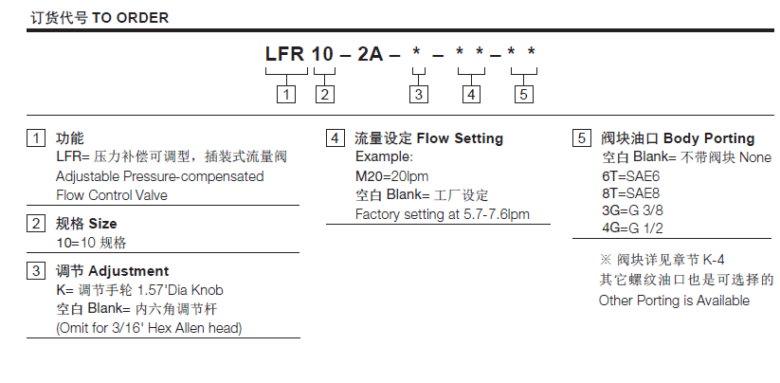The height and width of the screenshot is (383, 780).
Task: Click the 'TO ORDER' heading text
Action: (x=134, y=16)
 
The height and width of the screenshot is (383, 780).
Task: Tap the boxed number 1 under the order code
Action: (x=285, y=94)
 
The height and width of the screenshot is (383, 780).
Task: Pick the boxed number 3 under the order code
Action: (x=417, y=94)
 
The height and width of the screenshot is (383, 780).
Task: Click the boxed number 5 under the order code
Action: (x=523, y=94)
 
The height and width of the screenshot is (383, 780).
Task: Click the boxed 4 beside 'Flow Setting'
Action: (x=334, y=138)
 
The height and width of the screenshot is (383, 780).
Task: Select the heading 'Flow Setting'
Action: (x=460, y=138)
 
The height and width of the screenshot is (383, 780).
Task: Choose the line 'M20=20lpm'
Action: (x=391, y=176)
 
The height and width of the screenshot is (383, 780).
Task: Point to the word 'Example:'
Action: (x=384, y=157)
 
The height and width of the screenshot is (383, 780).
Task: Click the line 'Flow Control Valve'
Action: (x=112, y=195)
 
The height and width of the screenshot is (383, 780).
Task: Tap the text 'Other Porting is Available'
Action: (x=674, y=301)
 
